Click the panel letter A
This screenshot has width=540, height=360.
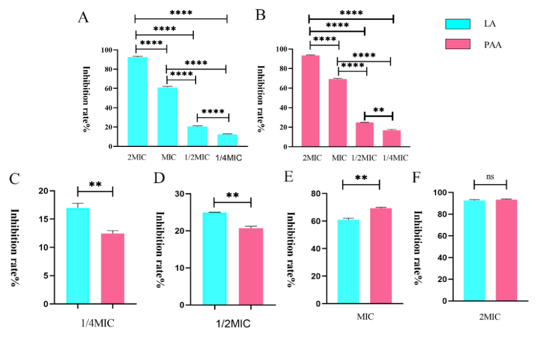click(83, 17)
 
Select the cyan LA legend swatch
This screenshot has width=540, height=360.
click(455, 24)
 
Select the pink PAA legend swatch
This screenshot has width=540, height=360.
click(455, 44)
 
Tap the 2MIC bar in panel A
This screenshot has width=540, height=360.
click(137, 101)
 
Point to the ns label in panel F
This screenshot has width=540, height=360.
click(490, 178)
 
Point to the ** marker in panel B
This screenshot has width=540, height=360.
click(379, 110)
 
